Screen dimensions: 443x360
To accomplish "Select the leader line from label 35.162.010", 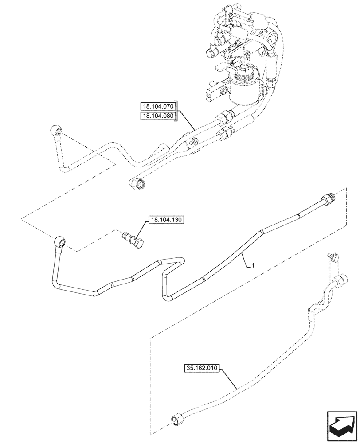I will [x=231, y=379].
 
